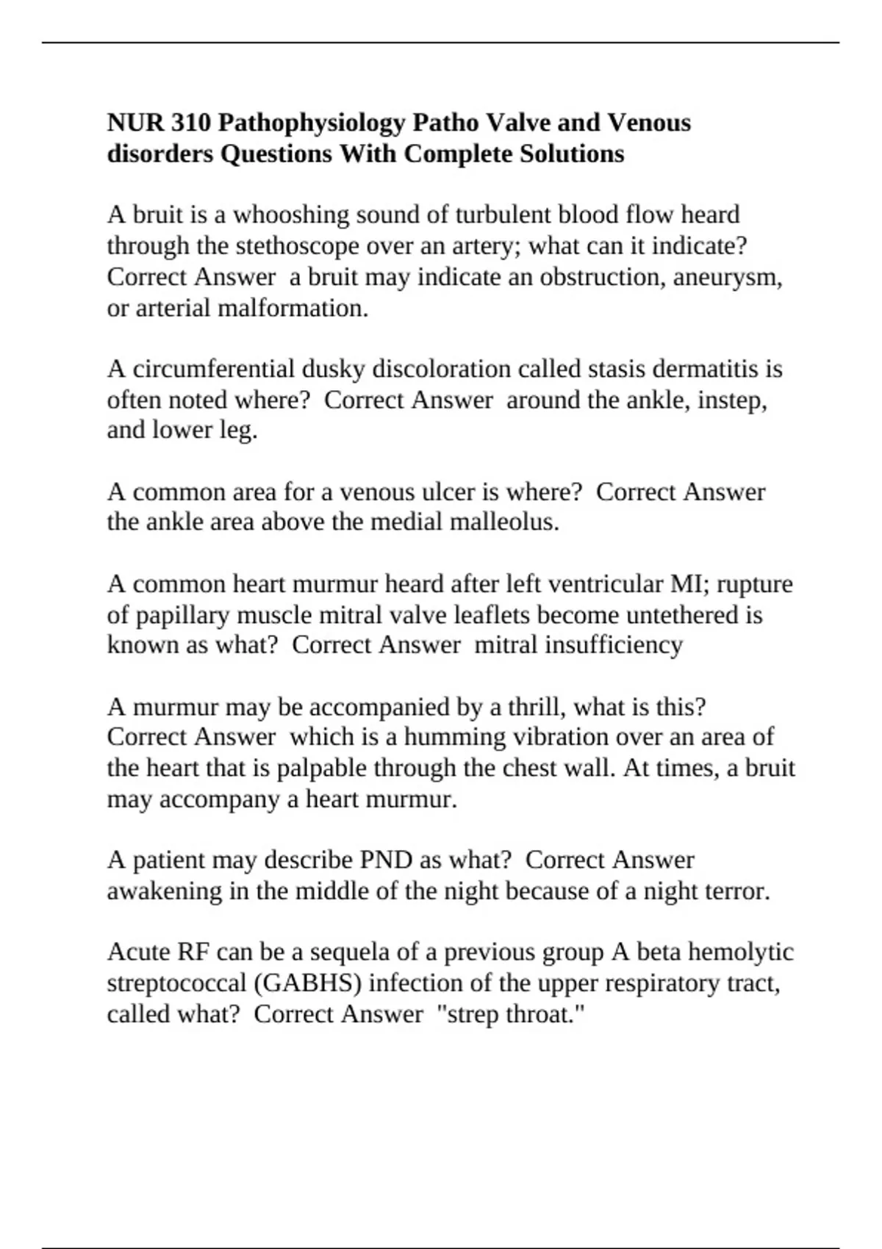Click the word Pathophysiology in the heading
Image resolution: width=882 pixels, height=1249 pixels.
(311, 123)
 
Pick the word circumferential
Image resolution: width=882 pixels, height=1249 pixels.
(249, 368)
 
